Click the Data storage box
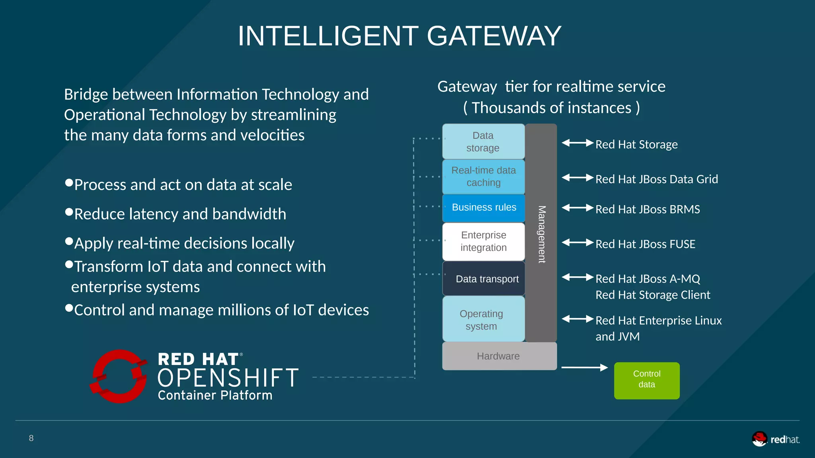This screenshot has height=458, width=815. click(x=483, y=142)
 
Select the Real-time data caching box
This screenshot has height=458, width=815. click(x=483, y=177)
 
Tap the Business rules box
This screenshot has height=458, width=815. click(x=484, y=208)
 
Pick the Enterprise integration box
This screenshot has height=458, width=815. click(x=484, y=241)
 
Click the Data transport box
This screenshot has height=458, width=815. click(x=484, y=279)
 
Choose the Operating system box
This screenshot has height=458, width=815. click(x=483, y=319)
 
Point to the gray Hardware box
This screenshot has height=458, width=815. click(x=499, y=356)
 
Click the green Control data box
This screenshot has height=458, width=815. click(x=647, y=380)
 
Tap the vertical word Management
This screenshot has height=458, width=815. click(x=542, y=234)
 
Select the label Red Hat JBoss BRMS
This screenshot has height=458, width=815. click(x=647, y=210)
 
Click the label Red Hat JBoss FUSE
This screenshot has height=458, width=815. click(x=645, y=244)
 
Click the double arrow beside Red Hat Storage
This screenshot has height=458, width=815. click(x=577, y=143)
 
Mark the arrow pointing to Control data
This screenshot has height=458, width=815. click(x=584, y=368)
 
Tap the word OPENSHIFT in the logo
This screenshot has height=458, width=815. click(x=228, y=378)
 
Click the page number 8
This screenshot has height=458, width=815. click(x=31, y=438)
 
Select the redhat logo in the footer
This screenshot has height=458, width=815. click(x=776, y=439)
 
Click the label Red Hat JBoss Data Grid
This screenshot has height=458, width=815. click(x=657, y=179)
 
